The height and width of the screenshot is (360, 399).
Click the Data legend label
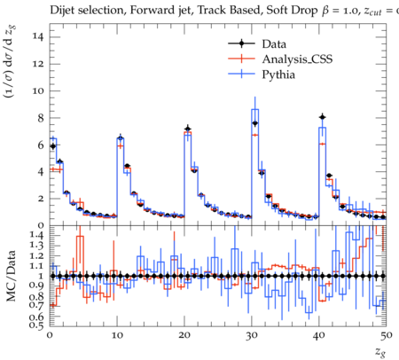(x=274, y=44)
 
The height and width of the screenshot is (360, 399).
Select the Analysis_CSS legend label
(x=297, y=59)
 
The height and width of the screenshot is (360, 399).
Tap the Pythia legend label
(x=278, y=74)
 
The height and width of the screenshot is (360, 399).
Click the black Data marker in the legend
(x=241, y=43)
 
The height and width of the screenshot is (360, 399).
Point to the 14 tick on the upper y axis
(x=38, y=37)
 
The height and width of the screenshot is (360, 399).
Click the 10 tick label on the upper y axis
(x=38, y=90)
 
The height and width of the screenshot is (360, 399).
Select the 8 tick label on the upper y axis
(x=41, y=118)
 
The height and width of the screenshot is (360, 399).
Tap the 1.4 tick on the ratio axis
(x=36, y=236)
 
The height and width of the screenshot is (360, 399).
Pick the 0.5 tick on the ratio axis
(x=36, y=325)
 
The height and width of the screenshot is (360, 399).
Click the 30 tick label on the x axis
(x=252, y=335)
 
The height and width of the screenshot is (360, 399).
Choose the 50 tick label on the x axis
(x=387, y=335)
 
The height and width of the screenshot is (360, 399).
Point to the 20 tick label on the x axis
(x=184, y=335)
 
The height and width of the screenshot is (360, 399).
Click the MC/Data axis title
(x=11, y=276)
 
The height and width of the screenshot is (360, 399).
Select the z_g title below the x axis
(x=380, y=352)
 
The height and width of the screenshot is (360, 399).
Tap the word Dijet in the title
(x=62, y=11)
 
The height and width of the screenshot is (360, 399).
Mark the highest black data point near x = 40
(x=323, y=117)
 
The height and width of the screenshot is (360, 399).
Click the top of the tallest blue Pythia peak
(x=255, y=109)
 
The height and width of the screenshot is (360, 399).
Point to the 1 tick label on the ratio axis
(x=41, y=276)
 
